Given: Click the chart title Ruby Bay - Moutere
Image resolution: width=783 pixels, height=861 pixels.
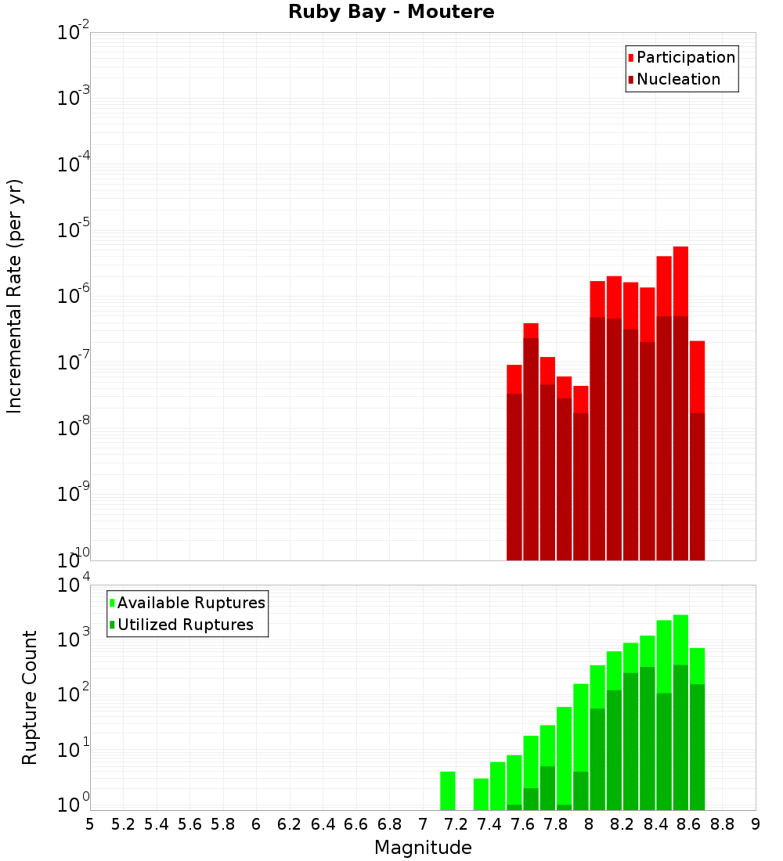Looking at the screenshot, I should click(391, 13).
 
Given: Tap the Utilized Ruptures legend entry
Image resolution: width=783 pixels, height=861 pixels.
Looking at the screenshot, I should click(185, 625).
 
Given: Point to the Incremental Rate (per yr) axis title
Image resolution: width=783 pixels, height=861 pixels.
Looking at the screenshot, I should click(15, 297).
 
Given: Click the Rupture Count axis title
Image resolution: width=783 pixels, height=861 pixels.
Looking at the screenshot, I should click(30, 697).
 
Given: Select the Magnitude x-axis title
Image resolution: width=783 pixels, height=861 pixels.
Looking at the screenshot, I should click(423, 848).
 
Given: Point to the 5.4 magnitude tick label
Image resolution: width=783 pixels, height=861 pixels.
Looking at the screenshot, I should click(157, 824).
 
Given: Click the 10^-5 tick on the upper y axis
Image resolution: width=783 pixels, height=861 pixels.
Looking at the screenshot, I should click(74, 230).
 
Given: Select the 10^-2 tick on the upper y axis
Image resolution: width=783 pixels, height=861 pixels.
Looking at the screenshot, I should click(74, 33).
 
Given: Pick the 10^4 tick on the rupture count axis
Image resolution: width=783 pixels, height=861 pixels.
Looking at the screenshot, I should click(74, 585).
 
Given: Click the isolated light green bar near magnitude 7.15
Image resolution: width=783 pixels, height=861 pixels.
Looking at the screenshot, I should click(448, 791).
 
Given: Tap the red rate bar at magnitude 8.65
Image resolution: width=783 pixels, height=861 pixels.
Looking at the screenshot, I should click(697, 376).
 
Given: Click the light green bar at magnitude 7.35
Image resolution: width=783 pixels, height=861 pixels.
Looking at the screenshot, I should click(481, 794).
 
